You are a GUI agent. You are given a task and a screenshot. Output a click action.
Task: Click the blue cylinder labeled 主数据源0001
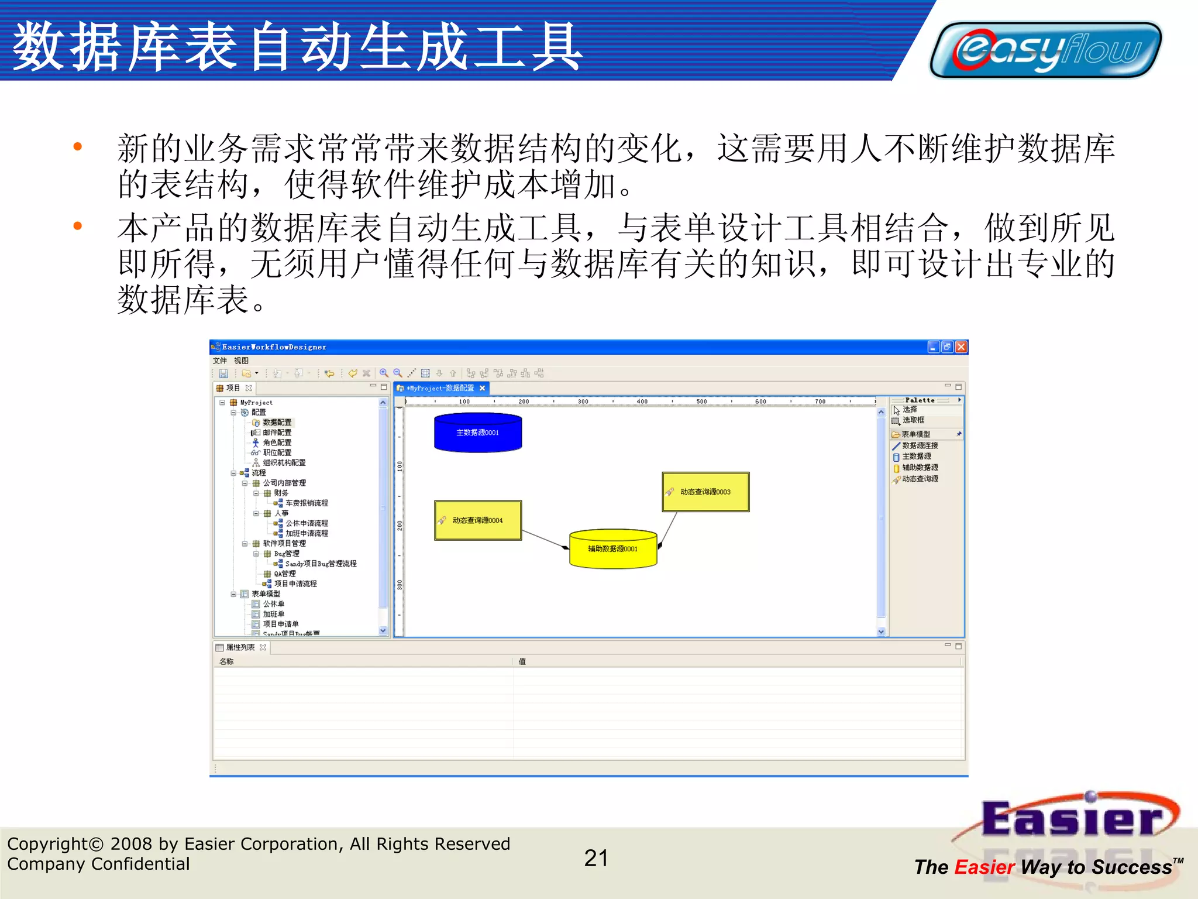click(x=478, y=433)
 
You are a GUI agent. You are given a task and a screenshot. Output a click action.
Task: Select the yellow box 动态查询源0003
click(x=705, y=492)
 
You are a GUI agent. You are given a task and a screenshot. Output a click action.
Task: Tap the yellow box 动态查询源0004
click(x=478, y=520)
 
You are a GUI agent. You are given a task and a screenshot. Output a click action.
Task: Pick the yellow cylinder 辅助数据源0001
click(x=613, y=549)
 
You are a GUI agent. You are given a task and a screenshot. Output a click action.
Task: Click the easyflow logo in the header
click(x=1046, y=50)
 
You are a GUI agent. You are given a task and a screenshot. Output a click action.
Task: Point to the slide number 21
click(x=596, y=859)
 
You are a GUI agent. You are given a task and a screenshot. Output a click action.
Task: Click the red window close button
click(x=961, y=347)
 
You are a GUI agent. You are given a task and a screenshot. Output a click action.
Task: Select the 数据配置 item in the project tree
click(x=277, y=423)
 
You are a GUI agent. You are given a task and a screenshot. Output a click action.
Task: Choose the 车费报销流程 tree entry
click(x=307, y=503)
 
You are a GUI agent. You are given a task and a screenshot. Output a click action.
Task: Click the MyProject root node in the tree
click(x=256, y=403)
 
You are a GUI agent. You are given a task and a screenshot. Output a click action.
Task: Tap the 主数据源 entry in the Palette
click(x=916, y=457)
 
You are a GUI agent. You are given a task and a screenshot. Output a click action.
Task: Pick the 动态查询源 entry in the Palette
click(x=920, y=479)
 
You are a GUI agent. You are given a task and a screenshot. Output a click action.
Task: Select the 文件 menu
click(x=220, y=361)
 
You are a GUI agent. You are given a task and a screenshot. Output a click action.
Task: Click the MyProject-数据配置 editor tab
click(x=441, y=388)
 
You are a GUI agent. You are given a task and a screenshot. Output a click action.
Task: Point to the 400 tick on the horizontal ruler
click(x=642, y=402)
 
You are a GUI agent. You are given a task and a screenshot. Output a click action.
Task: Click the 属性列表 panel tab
click(x=240, y=647)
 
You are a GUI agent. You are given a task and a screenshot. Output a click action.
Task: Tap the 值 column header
click(x=522, y=661)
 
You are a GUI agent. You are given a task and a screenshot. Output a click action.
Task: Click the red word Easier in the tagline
click(x=984, y=867)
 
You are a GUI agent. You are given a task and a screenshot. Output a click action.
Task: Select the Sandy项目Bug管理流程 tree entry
click(x=321, y=564)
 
